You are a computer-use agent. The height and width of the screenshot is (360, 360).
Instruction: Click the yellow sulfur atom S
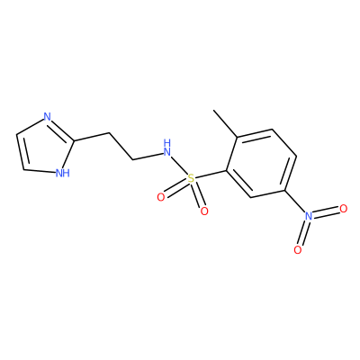191,179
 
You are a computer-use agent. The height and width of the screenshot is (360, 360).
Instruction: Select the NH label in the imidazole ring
63,173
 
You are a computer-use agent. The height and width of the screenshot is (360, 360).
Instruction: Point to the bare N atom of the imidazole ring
47,116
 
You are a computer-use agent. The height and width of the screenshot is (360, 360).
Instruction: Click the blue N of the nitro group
309,216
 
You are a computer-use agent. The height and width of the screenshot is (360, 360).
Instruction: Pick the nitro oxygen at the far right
344,208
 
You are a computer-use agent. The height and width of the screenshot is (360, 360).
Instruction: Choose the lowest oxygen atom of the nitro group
298,250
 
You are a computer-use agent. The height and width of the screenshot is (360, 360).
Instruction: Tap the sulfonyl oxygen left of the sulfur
161,197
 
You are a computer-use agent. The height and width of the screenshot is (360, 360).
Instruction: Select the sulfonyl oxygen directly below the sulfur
204,211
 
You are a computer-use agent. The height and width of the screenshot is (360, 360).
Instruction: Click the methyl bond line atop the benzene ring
225,124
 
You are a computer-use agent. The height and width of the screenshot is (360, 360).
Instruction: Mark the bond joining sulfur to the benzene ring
211,175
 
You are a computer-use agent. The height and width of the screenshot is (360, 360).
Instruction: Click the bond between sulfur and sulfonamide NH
179,166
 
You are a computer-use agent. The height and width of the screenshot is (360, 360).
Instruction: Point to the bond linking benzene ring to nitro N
294,201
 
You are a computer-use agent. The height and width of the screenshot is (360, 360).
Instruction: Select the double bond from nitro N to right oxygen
326,212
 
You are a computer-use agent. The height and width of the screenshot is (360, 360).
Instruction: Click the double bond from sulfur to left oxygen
175,188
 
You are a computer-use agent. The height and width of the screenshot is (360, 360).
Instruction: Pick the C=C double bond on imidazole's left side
21,152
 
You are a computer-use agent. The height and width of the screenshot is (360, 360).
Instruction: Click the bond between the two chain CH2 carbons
121,146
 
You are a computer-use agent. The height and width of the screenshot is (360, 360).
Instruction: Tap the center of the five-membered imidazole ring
45,147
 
